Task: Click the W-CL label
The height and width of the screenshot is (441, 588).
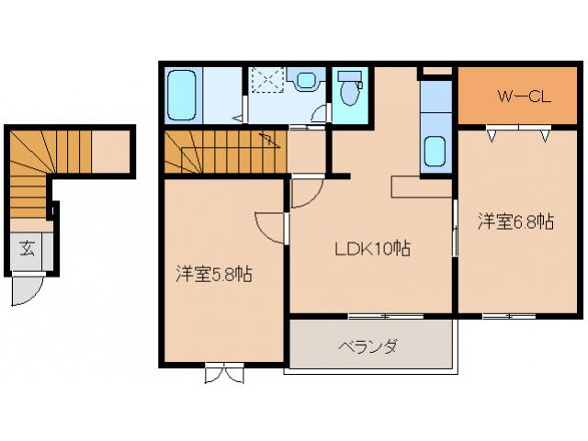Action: point(524,96)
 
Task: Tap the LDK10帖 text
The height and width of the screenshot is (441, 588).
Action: point(371,248)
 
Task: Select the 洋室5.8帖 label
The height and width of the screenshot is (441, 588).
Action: point(215,274)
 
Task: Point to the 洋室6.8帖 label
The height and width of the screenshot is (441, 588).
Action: point(514,221)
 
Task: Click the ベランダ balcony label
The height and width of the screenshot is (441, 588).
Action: point(367,346)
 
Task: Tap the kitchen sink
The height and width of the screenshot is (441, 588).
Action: point(434,150)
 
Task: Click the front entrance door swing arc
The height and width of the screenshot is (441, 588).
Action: point(26,292)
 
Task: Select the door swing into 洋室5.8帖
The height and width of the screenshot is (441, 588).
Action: point(269,226)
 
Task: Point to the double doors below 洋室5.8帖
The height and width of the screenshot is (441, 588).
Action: point(224,373)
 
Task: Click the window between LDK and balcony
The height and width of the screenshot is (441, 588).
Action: point(386,315)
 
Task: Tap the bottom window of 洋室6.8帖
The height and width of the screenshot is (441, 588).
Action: point(509,315)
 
